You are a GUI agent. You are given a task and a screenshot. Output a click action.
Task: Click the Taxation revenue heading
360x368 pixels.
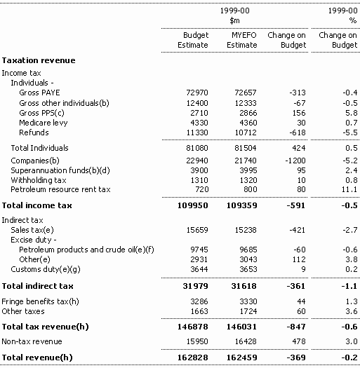click(x=39, y=60)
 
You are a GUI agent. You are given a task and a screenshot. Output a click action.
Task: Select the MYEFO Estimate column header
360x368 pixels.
click(x=242, y=40)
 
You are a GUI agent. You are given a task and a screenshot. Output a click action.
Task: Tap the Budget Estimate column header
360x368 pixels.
click(x=193, y=40)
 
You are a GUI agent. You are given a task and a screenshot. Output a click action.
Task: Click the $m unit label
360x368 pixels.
click(x=235, y=20)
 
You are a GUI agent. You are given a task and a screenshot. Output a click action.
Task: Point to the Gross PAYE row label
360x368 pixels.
click(x=39, y=93)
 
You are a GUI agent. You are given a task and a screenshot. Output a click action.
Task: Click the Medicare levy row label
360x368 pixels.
click(x=44, y=123)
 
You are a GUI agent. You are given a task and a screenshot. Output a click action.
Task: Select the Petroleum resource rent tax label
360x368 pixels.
click(x=60, y=189)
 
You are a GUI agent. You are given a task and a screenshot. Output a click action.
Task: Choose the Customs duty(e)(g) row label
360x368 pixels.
click(x=46, y=269)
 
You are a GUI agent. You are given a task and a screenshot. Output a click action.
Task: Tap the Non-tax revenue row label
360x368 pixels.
click(x=32, y=341)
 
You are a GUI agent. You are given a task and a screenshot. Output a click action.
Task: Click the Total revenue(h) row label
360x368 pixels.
click(x=37, y=357)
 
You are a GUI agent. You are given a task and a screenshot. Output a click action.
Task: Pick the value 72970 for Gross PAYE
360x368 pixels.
click(x=197, y=93)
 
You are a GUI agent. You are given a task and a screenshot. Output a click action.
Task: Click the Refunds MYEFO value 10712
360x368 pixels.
click(x=246, y=132)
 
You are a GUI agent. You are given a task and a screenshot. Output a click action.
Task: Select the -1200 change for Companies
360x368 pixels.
click(x=295, y=161)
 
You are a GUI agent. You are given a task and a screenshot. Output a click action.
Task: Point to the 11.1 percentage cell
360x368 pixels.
click(x=349, y=189)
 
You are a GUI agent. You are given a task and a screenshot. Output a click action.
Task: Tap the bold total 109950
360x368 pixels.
click(x=193, y=205)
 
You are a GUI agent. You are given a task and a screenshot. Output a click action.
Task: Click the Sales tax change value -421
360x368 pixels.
click(x=298, y=230)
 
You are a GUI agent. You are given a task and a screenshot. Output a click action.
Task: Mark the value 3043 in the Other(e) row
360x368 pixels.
click(x=248, y=259)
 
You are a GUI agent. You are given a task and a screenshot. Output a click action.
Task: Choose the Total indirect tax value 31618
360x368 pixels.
click(x=244, y=286)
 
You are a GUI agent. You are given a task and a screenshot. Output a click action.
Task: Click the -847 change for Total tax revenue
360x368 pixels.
click(x=296, y=327)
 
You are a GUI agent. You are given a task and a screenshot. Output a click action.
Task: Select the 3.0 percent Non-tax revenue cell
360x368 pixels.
click(x=352, y=341)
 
